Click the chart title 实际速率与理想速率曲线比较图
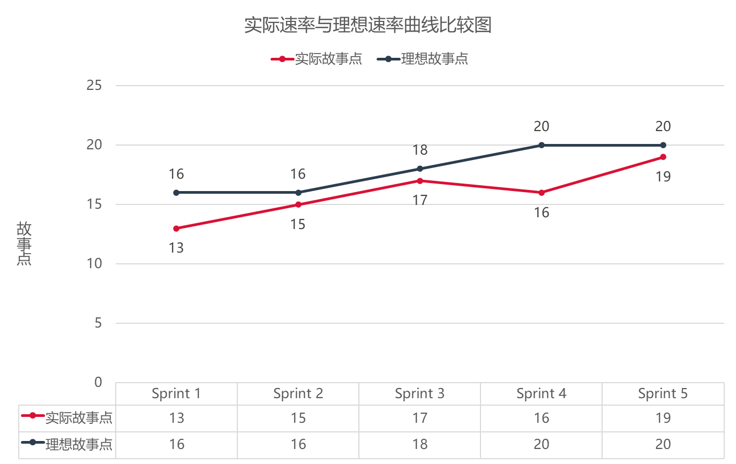click(367, 25)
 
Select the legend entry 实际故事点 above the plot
click(328, 59)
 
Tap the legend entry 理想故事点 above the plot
click(434, 59)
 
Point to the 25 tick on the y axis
click(94, 86)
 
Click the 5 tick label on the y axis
click(97, 323)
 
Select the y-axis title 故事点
click(24, 244)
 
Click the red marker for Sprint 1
click(176, 229)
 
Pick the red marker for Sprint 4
click(542, 193)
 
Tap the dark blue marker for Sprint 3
click(420, 169)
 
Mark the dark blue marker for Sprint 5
click(663, 145)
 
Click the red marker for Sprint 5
click(663, 157)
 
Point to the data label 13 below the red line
click(176, 248)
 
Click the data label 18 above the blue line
click(420, 150)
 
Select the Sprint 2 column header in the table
click(298, 394)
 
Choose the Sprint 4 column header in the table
click(541, 394)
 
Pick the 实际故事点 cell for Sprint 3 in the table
click(420, 418)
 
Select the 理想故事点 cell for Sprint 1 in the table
click(176, 444)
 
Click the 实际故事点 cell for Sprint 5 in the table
click(663, 418)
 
